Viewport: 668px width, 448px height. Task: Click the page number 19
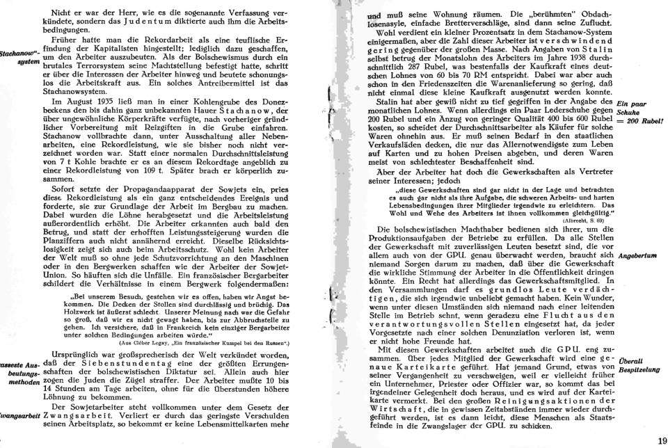click(660, 440)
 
